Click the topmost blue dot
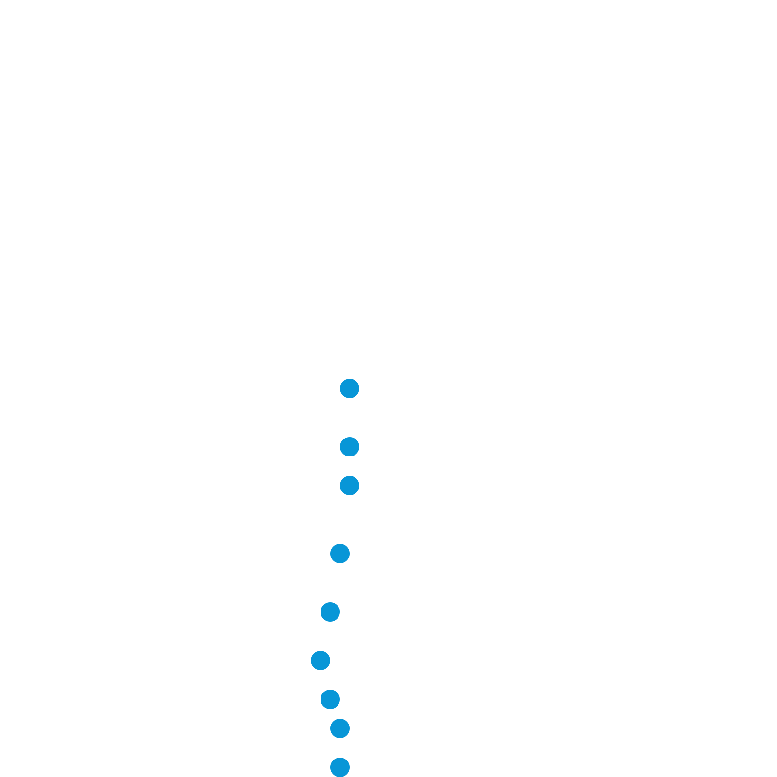click(350, 388)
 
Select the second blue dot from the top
click(350, 447)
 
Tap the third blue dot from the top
click(350, 486)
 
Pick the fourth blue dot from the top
click(340, 554)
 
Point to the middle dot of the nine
click(330, 612)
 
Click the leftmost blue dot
click(321, 660)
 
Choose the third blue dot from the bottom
click(330, 699)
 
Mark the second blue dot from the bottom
click(340, 728)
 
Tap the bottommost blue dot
click(340, 767)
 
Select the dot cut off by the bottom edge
click(340, 767)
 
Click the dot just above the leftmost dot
click(330, 612)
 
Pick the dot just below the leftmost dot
click(330, 699)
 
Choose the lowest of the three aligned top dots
click(350, 486)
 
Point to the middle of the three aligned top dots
click(350, 447)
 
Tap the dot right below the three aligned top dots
click(340, 554)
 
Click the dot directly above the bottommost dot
click(340, 728)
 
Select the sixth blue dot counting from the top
click(321, 660)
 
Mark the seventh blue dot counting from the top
click(330, 699)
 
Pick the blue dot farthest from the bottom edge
click(350, 388)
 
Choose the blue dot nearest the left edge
click(321, 660)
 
